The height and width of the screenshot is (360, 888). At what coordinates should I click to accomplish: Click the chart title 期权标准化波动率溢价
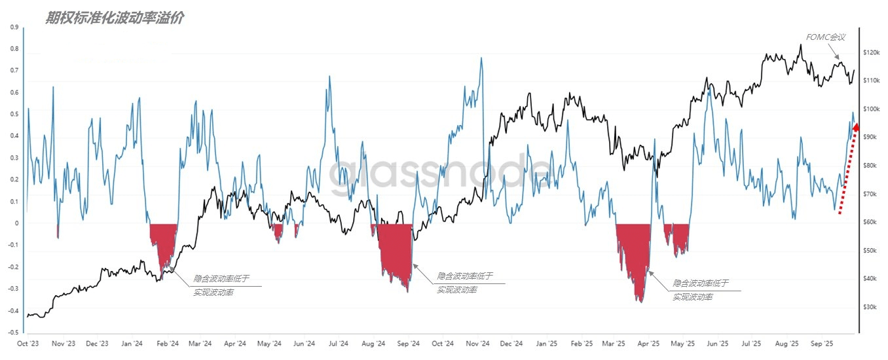coord(114,18)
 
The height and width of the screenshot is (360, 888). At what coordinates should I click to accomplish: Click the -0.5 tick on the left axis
coord(12,333)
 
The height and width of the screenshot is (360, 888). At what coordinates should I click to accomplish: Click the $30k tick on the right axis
coord(871,307)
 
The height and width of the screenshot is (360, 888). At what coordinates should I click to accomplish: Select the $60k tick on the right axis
coord(871,222)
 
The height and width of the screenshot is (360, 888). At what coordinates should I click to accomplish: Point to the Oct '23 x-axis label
coord(28,343)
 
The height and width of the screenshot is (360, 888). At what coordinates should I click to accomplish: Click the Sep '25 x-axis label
coord(821,343)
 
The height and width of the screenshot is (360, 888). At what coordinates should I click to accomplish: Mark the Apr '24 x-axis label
coord(234,343)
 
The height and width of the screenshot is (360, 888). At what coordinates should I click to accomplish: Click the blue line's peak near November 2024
coord(481,58)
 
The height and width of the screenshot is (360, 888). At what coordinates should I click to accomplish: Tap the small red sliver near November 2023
coord(58,230)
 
